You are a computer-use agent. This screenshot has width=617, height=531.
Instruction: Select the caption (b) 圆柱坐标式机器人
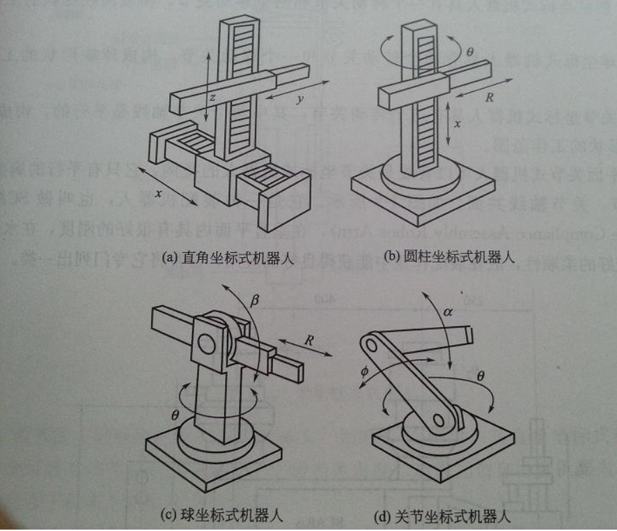pos(451,257)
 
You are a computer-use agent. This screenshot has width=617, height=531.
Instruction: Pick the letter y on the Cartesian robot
pos(299,99)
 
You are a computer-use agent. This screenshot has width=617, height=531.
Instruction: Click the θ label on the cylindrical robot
pos(469,51)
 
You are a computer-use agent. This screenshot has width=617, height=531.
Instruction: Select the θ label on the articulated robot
pos(488,376)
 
